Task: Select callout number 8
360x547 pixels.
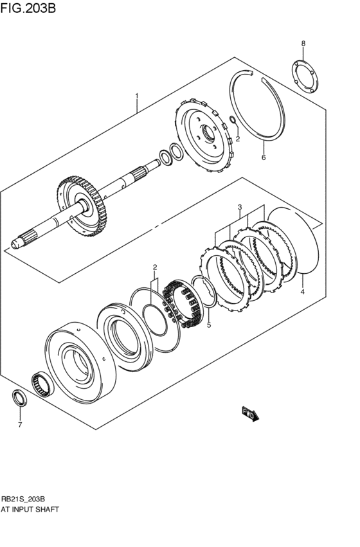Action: (x=303, y=43)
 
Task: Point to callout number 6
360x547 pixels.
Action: (x=263, y=157)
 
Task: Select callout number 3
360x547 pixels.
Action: (x=239, y=208)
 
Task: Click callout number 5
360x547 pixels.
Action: (x=208, y=326)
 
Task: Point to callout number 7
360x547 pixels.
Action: (x=19, y=425)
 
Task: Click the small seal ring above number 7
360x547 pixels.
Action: (x=20, y=398)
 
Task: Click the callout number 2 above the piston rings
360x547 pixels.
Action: (x=154, y=267)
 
